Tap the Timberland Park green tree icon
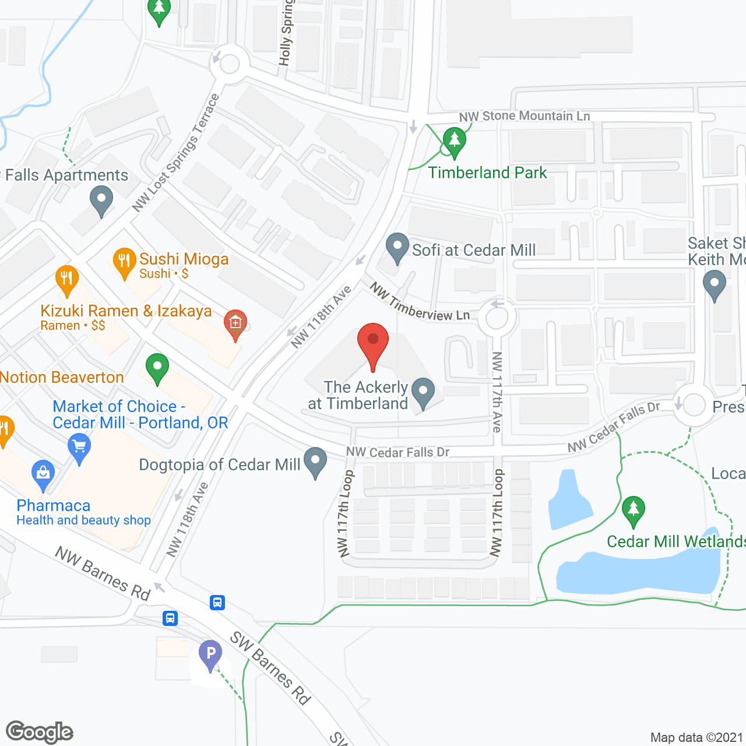point(454,142)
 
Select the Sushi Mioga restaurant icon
point(124,262)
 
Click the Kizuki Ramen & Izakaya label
point(126,311)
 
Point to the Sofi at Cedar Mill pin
point(397,247)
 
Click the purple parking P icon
point(210,654)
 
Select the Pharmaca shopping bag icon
point(43,474)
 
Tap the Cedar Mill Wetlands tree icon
point(633,511)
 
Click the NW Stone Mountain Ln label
point(525,116)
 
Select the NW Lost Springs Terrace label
point(175,153)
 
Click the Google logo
point(40,732)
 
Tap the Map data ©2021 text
point(697,738)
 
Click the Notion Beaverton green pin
point(157,368)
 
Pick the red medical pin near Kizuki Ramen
point(235,323)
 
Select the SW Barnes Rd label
point(270,668)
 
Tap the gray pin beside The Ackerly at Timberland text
point(423,392)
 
